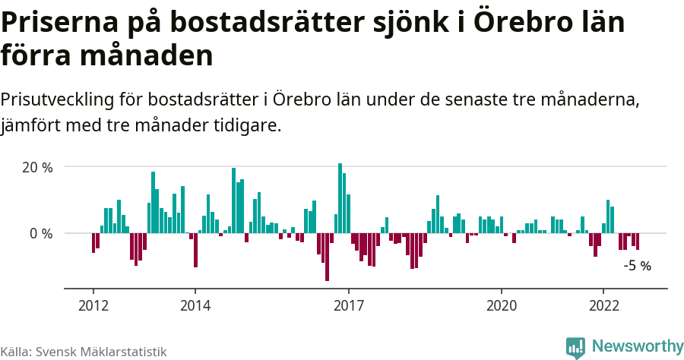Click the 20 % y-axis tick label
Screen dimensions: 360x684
pyautogui.click(x=37, y=167)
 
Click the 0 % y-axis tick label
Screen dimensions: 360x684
pyautogui.click(x=41, y=233)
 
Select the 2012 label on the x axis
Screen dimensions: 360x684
pyautogui.click(x=93, y=305)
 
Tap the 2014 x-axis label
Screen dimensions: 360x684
pyautogui.click(x=195, y=305)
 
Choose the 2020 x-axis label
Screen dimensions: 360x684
pyautogui.click(x=502, y=305)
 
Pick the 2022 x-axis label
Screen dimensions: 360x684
pyautogui.click(x=603, y=305)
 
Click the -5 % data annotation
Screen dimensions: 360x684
pyautogui.click(x=637, y=266)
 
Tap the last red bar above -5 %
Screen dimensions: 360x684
pyautogui.click(x=638, y=242)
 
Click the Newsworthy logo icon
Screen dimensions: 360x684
pyautogui.click(x=575, y=347)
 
